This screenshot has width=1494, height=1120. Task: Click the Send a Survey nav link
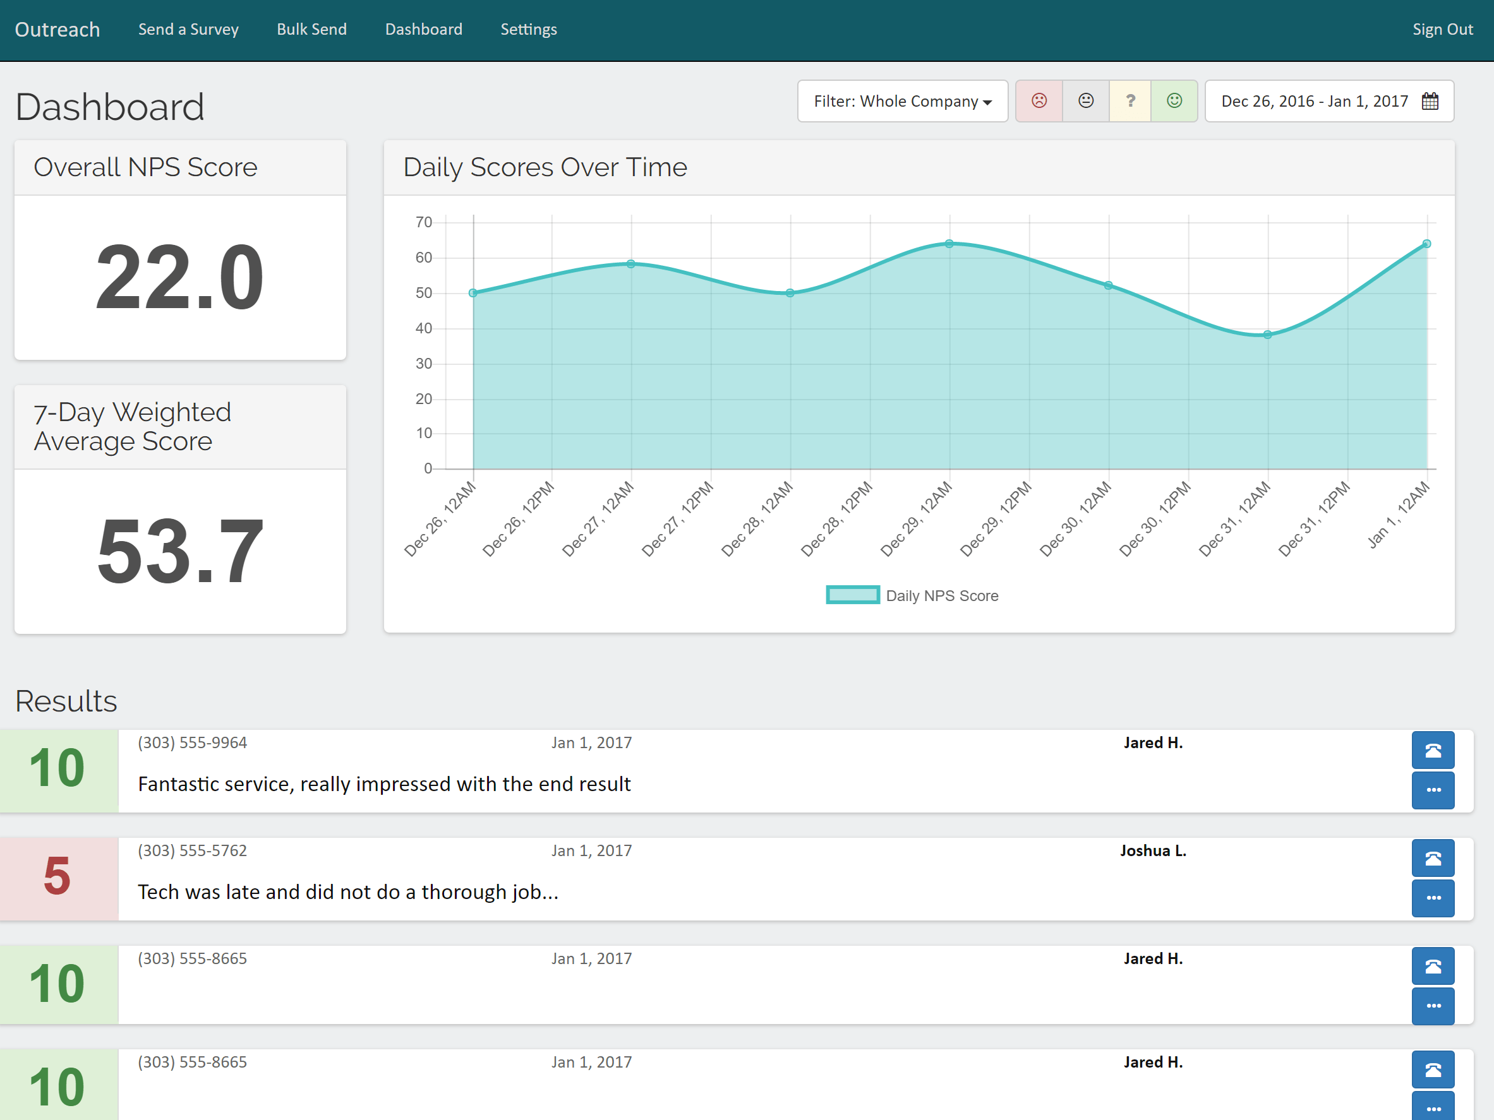(x=188, y=30)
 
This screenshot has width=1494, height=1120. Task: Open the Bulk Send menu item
(x=311, y=30)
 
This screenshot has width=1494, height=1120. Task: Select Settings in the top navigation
(x=529, y=30)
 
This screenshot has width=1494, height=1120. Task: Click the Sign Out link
(x=1443, y=30)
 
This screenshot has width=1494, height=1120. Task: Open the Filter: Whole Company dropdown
(x=902, y=101)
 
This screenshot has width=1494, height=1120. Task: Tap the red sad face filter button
(x=1039, y=101)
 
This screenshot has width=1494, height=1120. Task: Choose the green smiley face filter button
(x=1174, y=101)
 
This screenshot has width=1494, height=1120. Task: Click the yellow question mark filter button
(x=1130, y=101)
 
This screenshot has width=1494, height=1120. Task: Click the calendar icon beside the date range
(x=1430, y=101)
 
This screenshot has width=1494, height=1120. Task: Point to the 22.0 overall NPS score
(x=179, y=277)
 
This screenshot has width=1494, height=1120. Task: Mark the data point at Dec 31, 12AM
(x=1268, y=335)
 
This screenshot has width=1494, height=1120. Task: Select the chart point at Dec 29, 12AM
(x=949, y=244)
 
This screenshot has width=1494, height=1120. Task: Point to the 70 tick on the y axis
(x=423, y=222)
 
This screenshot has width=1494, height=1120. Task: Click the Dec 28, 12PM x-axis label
(x=837, y=518)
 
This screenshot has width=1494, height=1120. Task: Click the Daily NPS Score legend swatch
(x=852, y=595)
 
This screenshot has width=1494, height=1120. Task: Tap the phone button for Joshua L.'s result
(x=1433, y=859)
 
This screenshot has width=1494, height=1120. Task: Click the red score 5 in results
(x=57, y=876)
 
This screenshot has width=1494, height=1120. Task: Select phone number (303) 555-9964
(x=193, y=742)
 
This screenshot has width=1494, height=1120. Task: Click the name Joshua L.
(x=1153, y=850)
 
